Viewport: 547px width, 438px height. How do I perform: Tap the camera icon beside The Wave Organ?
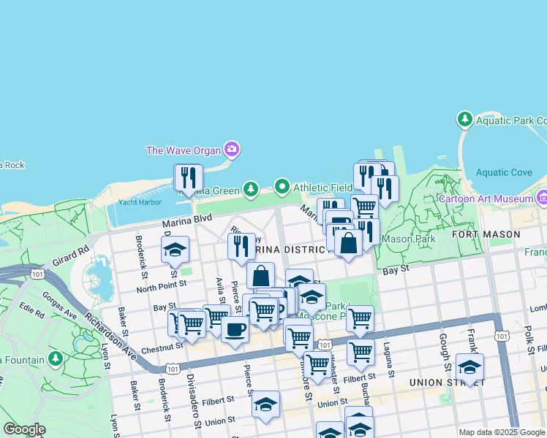[x=232, y=150]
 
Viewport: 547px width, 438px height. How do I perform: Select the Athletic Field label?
[x=322, y=188]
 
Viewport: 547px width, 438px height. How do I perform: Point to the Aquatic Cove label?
[x=504, y=173]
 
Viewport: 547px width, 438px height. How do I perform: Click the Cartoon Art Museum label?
[x=486, y=199]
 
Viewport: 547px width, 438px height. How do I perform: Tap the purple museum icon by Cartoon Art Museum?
[x=542, y=198]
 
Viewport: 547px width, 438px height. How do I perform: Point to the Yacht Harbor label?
[x=139, y=202]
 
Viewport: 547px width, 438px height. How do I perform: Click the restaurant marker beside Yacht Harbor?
[x=188, y=178]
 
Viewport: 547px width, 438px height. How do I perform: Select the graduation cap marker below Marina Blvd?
[x=175, y=250]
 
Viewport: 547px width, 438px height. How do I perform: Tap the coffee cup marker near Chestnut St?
[x=235, y=329]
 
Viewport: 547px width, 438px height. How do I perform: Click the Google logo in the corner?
[x=24, y=429]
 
